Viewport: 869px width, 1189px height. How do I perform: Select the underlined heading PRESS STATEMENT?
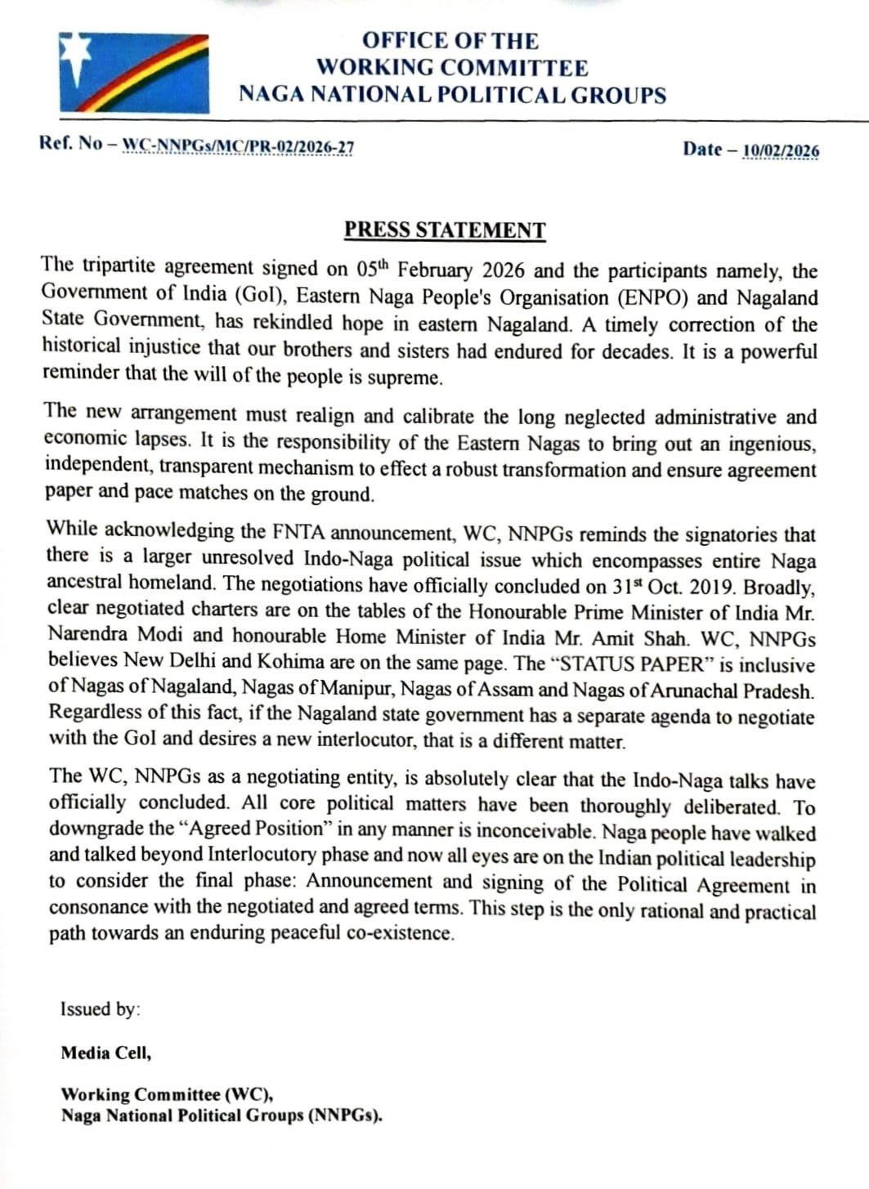pyautogui.click(x=444, y=230)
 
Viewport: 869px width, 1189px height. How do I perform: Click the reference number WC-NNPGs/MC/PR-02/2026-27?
pyautogui.click(x=238, y=146)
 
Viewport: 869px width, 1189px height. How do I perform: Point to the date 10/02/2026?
pyautogui.click(x=781, y=150)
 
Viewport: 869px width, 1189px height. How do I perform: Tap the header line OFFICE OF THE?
pyautogui.click(x=450, y=41)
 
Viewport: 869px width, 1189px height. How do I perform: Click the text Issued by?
pyautogui.click(x=100, y=1008)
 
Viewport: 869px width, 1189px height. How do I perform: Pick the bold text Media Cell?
pyautogui.click(x=106, y=1053)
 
